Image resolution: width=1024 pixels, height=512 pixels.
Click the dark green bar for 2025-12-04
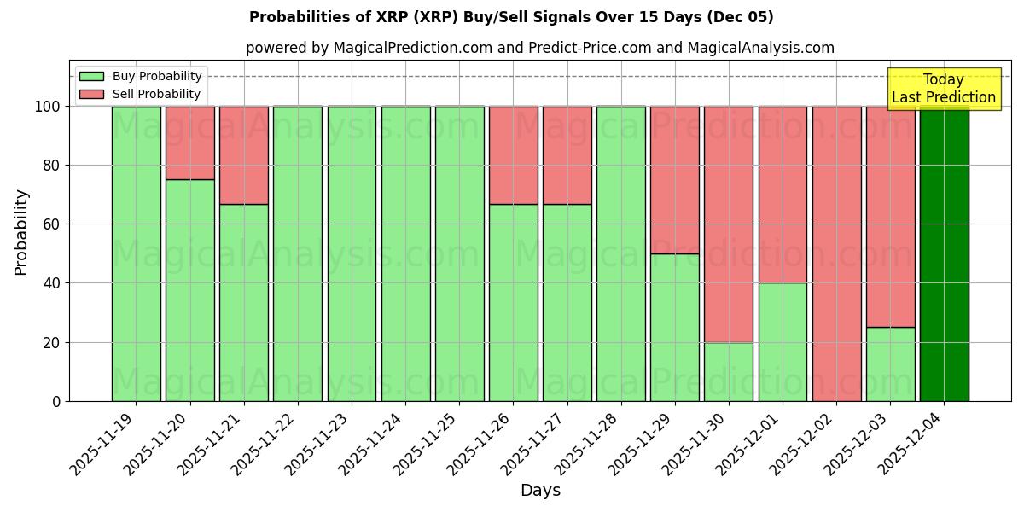pos(944,253)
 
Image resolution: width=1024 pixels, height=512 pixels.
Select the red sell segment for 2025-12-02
pos(836,253)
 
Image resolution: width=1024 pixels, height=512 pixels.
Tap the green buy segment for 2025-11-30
pos(729,371)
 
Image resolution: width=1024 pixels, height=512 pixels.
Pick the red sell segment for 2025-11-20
pos(189,143)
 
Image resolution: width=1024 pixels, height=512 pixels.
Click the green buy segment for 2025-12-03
pos(890,364)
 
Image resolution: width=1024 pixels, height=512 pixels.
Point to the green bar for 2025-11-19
pos(136,253)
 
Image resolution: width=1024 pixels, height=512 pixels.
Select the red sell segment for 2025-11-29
pos(675,180)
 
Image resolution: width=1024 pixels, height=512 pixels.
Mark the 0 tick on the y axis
pos(55,401)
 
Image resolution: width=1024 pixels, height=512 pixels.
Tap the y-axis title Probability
pos(21,232)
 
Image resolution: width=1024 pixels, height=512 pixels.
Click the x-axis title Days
pos(540,491)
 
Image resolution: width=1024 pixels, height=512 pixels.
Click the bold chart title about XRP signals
pos(511,17)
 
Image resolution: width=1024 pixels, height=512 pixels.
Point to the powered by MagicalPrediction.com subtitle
pos(539,48)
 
